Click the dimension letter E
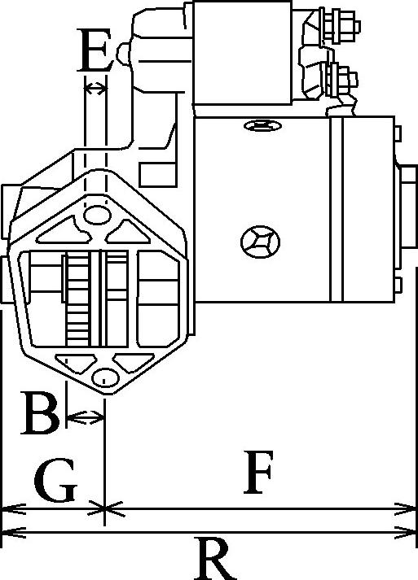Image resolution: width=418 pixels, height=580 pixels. (x=95, y=50)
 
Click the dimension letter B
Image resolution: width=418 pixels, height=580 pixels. (x=41, y=412)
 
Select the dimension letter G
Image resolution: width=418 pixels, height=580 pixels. (x=55, y=481)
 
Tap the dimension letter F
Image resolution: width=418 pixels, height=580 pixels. (x=258, y=473)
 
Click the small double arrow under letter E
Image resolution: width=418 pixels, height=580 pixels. (x=95, y=89)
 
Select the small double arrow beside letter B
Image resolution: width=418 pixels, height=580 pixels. (x=86, y=417)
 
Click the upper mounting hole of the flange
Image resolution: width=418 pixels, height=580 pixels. (x=97, y=215)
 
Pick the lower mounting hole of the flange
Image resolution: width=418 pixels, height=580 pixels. (x=105, y=378)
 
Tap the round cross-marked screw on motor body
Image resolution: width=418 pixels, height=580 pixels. (x=260, y=242)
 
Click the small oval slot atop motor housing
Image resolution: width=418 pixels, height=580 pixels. (x=262, y=126)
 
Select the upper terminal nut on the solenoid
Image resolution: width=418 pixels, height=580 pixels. (x=339, y=26)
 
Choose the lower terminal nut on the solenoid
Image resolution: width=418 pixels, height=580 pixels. (x=340, y=80)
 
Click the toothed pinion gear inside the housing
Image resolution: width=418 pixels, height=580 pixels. (x=78, y=299)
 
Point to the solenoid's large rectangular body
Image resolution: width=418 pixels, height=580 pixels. (x=242, y=53)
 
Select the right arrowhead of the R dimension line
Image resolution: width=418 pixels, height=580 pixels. (x=406, y=533)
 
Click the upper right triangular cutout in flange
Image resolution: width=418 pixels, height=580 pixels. (x=127, y=233)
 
